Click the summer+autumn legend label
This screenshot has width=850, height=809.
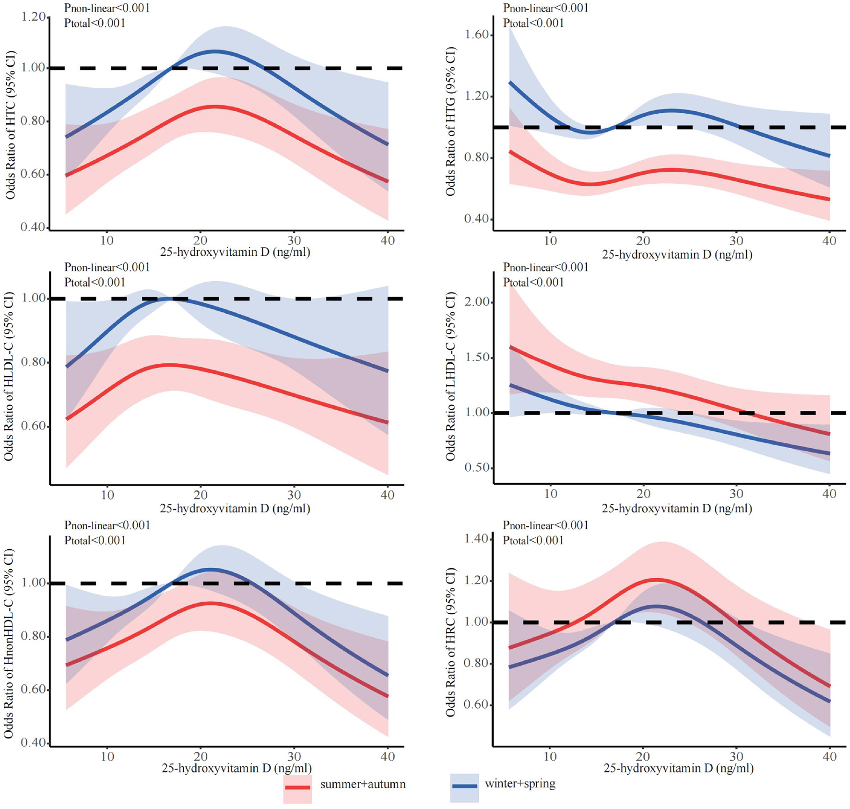tap(363, 784)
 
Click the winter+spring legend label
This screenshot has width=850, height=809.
tap(520, 784)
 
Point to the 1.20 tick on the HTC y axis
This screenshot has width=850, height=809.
tap(33, 17)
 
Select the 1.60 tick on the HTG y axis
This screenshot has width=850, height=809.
tap(476, 35)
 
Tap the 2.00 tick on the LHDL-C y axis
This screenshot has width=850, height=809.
tap(476, 302)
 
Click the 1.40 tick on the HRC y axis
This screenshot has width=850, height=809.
tap(476, 539)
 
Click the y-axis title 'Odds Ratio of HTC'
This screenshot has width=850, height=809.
tap(11, 125)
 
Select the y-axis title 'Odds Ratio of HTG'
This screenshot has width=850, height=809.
tap(450, 122)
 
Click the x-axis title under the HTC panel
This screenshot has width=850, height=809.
tap(235, 252)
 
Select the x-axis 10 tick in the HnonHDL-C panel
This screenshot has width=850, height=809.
tap(107, 756)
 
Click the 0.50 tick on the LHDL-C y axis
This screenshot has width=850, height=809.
tap(476, 468)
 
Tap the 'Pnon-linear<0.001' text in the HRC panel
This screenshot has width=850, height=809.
tap(545, 525)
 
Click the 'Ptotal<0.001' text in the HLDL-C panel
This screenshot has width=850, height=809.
tap(95, 282)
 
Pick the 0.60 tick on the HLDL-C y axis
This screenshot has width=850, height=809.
tap(33, 426)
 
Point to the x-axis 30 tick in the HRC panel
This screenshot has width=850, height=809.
tap(736, 757)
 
